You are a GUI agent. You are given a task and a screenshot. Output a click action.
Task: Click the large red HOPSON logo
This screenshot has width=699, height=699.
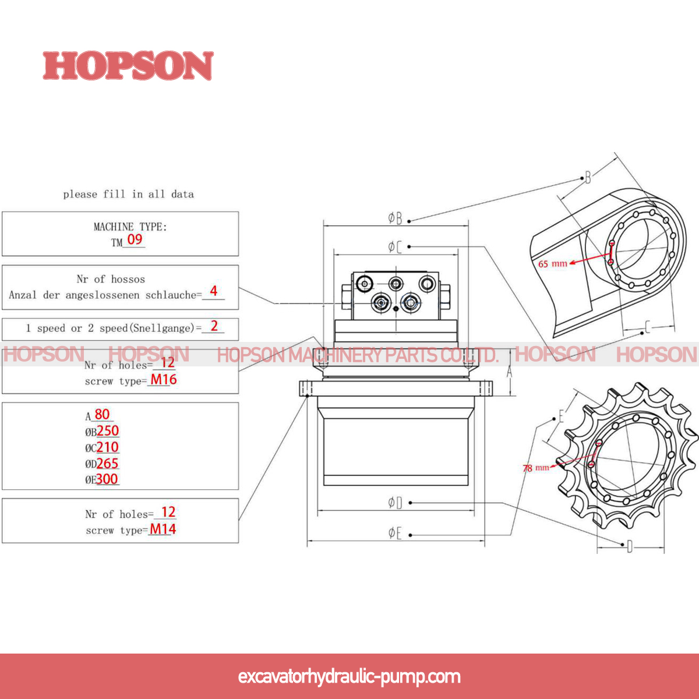click(128, 66)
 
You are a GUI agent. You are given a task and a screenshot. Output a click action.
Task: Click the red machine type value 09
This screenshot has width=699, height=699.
click(135, 239)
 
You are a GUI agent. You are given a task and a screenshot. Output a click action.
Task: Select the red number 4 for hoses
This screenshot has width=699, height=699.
click(214, 291)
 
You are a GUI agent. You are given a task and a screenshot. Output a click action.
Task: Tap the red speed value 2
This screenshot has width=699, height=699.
click(214, 326)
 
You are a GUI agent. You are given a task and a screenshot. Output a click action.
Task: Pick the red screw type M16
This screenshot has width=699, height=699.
click(164, 379)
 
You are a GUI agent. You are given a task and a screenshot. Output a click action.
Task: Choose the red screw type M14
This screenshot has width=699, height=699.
click(163, 529)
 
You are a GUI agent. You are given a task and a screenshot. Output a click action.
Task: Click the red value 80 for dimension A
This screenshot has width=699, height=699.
click(102, 414)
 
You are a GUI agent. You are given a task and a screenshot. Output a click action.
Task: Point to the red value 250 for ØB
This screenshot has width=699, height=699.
click(108, 430)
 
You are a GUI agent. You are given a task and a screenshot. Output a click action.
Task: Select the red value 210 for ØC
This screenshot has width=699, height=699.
click(108, 447)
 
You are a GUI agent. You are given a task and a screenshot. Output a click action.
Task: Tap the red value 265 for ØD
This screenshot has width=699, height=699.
click(108, 463)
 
